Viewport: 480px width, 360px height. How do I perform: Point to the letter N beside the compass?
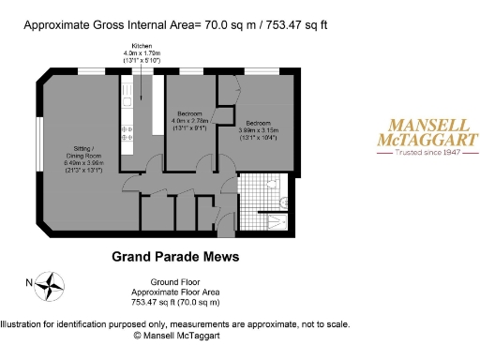(x=30, y=282)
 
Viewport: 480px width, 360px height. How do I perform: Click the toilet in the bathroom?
(x=283, y=199)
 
